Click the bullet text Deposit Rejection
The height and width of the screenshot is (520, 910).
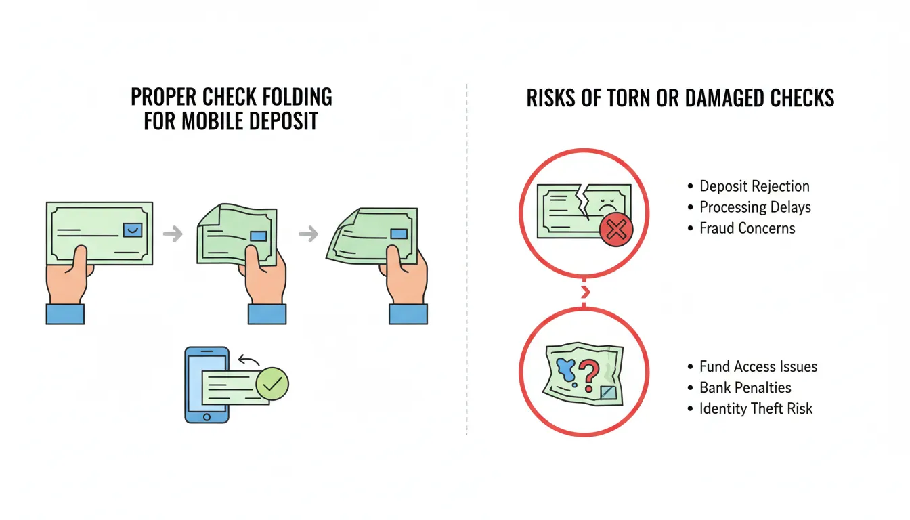pos(754,186)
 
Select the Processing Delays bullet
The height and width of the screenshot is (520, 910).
pos(755,207)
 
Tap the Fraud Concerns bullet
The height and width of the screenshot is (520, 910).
pos(747,228)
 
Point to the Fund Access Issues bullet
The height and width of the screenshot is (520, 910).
pos(758,367)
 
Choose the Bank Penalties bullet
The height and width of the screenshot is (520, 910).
pos(745,388)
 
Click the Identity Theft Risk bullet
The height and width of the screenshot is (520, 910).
pos(756,408)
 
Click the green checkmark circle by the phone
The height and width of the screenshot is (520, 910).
pos(272,384)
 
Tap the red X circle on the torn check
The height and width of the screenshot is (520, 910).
pos(615,231)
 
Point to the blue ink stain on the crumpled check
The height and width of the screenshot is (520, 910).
pos(564,370)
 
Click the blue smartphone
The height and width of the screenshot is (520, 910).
pos(206,385)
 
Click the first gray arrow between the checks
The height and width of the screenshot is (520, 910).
pos(173,234)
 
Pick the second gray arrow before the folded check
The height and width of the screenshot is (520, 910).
pos(309,234)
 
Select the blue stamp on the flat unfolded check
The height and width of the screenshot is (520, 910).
pos(133,230)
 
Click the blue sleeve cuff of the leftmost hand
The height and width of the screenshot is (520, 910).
pos(65,313)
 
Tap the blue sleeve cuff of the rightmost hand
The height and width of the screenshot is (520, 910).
pos(408,313)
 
